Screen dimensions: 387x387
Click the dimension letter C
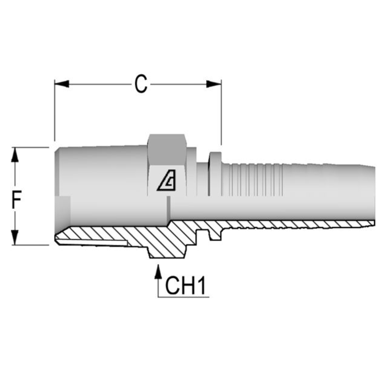(141, 85)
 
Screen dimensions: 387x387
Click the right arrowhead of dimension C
(214, 84)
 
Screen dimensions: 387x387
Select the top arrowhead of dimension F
(15, 155)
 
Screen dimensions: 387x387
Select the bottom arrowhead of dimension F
(15, 237)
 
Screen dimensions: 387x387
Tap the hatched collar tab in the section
(215, 235)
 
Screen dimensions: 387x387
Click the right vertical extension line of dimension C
(221, 115)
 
